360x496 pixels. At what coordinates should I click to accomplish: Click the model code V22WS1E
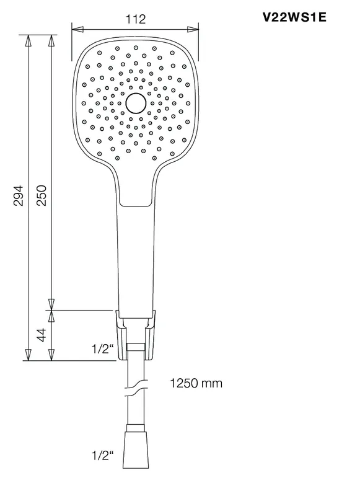tap(294, 17)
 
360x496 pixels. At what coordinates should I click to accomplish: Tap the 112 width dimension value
tap(136, 19)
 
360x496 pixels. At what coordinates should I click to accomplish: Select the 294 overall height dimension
tap(19, 195)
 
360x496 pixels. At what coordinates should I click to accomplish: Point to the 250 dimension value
tap(42, 195)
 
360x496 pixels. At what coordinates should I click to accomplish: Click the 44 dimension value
tap(42, 335)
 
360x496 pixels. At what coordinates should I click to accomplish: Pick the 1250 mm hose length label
tap(196, 383)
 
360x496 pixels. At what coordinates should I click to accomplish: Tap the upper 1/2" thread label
tap(102, 349)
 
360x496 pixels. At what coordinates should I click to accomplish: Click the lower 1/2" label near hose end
tap(102, 456)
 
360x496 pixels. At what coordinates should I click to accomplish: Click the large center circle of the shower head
tap(136, 103)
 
